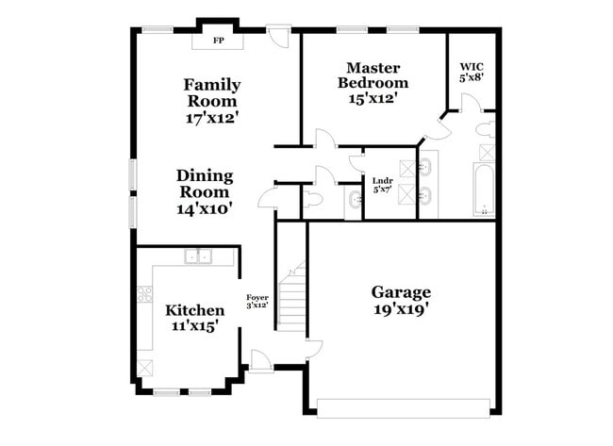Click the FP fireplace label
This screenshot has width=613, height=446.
218,41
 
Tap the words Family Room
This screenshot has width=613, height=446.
211,92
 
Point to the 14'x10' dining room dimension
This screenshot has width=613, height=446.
204,209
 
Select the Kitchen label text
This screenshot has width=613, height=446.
195,310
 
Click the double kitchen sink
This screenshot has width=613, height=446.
198,256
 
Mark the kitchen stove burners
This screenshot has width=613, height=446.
145,293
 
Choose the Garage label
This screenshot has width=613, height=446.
401,291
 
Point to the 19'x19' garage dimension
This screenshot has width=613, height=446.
401,308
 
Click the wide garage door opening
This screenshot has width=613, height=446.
403,407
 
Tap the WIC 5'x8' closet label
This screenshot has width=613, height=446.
471,72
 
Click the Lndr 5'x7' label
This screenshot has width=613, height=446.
382,185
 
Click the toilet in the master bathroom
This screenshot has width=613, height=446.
487,129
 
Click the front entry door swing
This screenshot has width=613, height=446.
258,358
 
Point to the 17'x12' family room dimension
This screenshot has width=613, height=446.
211,119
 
